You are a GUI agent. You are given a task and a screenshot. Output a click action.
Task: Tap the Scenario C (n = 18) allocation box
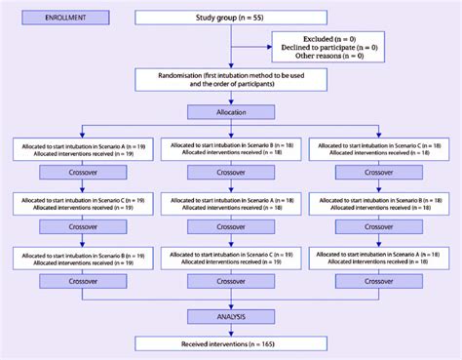point(378,148)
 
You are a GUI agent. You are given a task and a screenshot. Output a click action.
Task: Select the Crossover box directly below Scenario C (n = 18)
point(378,176)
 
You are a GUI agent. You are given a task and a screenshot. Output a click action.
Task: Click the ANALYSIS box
point(231,315)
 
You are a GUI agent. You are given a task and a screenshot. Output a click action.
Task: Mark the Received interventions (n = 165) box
point(231,343)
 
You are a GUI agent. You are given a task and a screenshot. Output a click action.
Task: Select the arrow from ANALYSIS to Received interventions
point(231,329)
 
